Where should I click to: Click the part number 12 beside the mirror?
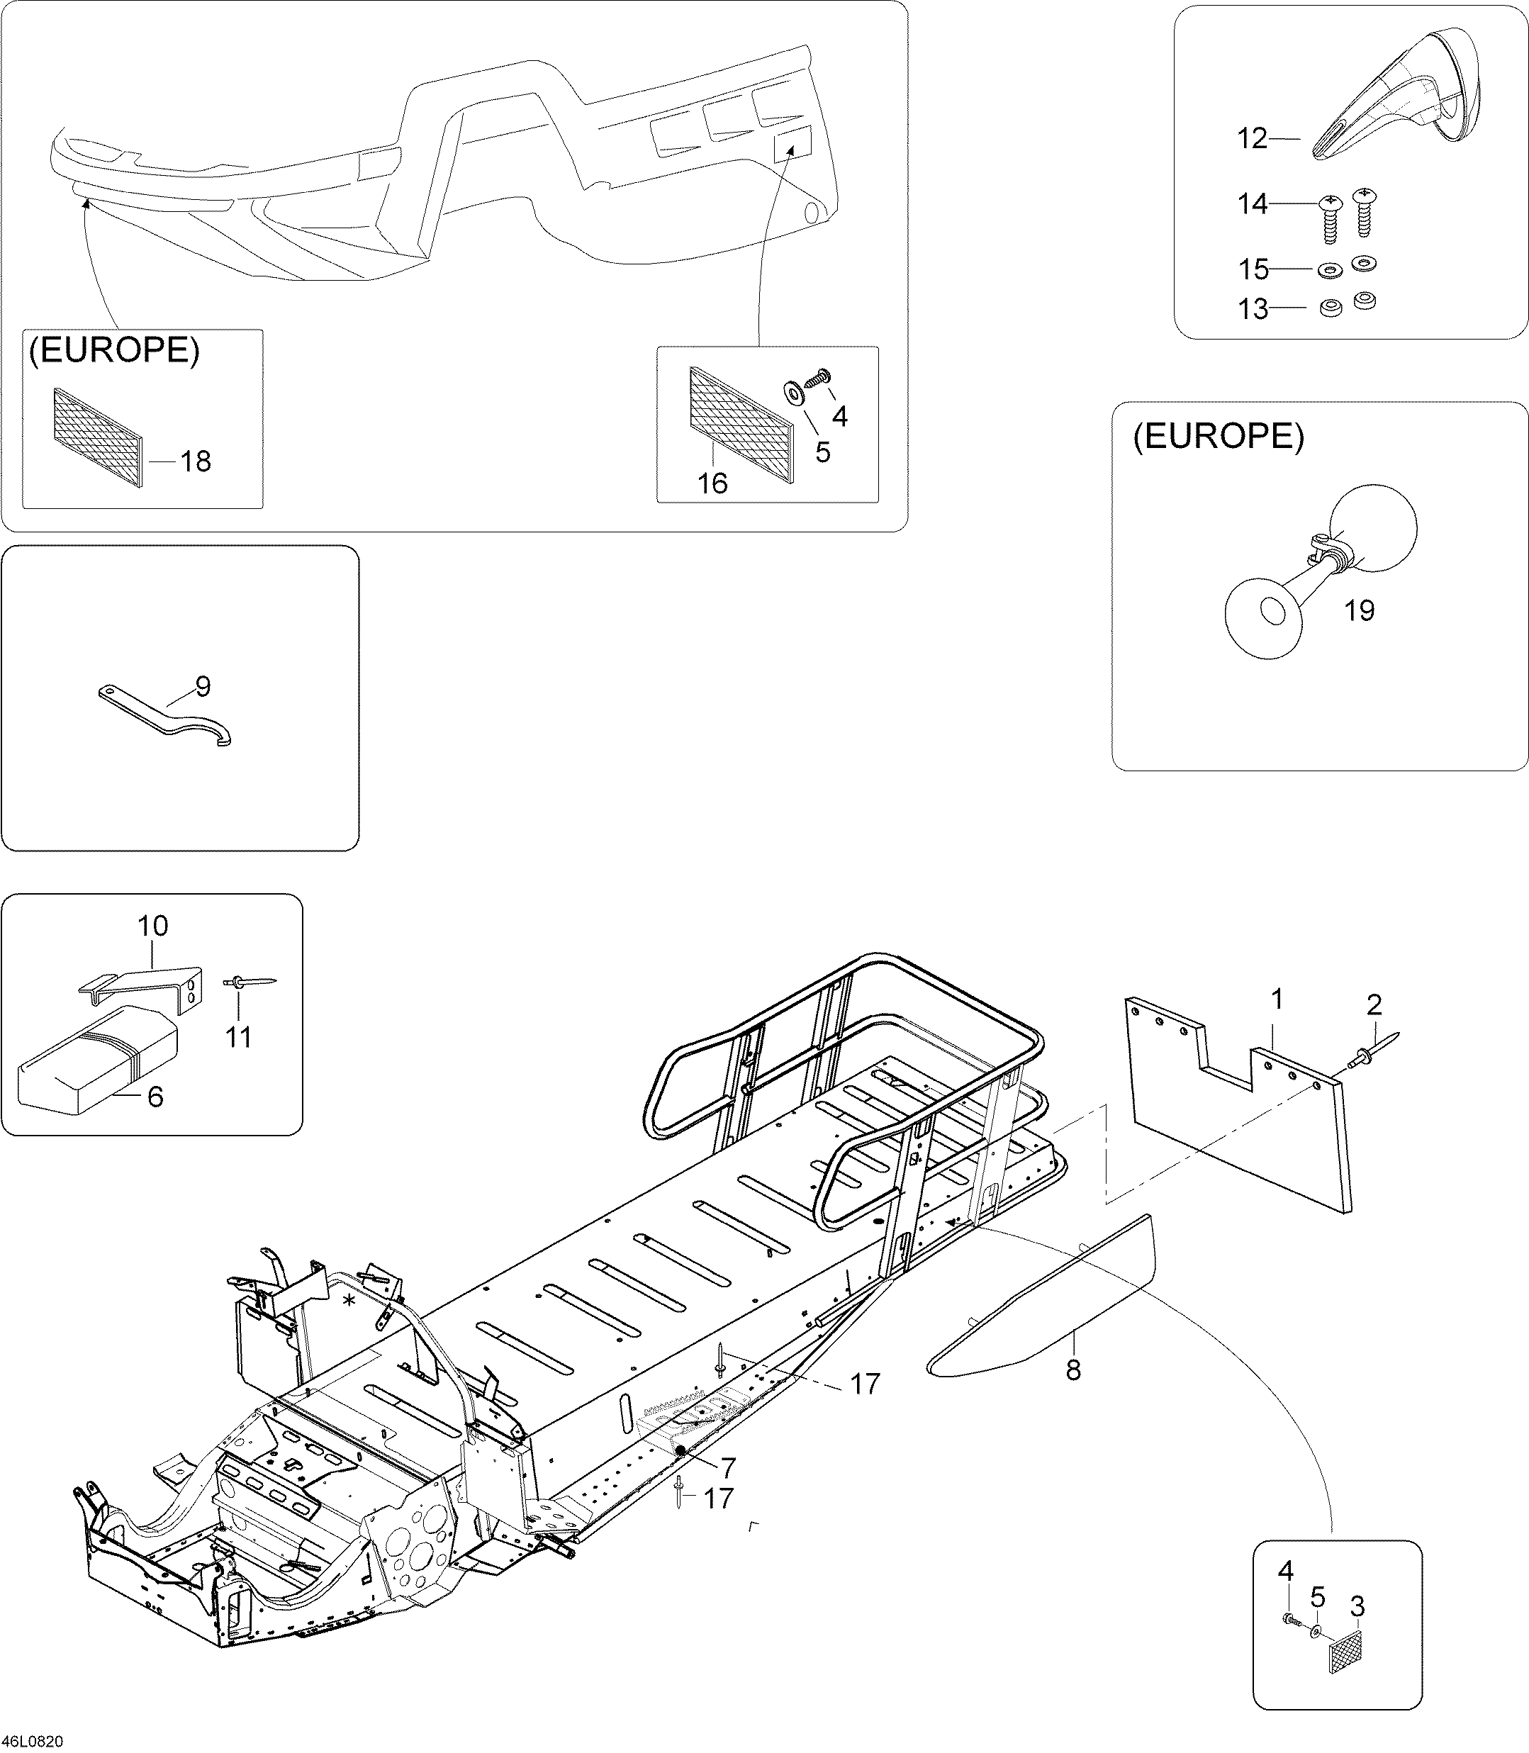[x=1253, y=138]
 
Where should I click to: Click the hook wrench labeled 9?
[x=167, y=715]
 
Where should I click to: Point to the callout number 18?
[x=196, y=461]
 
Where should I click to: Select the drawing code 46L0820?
[x=33, y=1741]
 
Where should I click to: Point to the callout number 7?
[x=728, y=1467]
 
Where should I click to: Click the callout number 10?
[x=152, y=926]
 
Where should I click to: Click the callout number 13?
[x=1253, y=310]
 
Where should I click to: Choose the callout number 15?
[x=1253, y=269]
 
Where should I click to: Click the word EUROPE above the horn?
[x=1219, y=437]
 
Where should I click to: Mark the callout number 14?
[x=1253, y=205]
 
